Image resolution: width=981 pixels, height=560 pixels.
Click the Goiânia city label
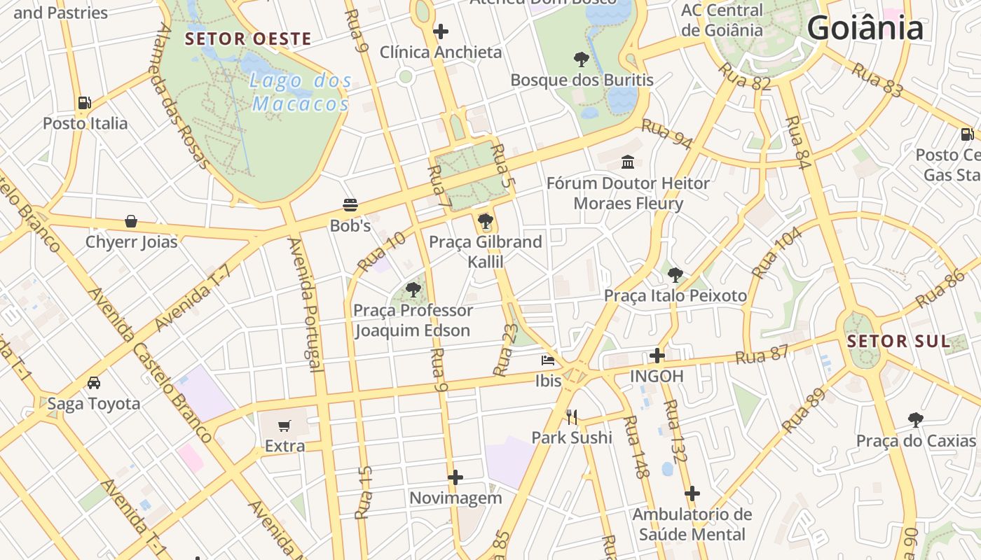click(865, 28)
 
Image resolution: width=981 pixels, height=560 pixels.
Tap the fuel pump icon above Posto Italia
click(85, 102)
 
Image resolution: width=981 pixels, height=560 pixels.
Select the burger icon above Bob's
click(350, 204)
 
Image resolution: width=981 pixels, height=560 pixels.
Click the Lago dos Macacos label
click(300, 92)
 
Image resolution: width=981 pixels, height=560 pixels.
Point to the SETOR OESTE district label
click(248, 39)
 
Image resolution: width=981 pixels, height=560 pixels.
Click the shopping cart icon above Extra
click(284, 425)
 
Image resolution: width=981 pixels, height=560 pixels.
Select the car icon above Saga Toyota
click(94, 382)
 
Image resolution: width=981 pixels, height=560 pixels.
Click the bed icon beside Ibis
click(548, 360)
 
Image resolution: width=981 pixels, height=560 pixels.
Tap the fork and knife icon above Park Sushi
click(572, 417)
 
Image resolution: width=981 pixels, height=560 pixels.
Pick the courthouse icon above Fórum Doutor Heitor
click(628, 162)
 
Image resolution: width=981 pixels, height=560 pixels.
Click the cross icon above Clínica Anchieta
click(441, 31)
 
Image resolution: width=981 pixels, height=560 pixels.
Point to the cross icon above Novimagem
click(455, 477)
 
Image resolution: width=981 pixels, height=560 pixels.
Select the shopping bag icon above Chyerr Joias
click(131, 221)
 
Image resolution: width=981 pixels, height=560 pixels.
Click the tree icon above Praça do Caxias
click(915, 420)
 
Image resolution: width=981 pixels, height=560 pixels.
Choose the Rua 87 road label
click(762, 354)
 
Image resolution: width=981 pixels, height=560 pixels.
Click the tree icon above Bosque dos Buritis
click(581, 59)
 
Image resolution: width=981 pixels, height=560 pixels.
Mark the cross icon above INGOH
click(657, 355)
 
